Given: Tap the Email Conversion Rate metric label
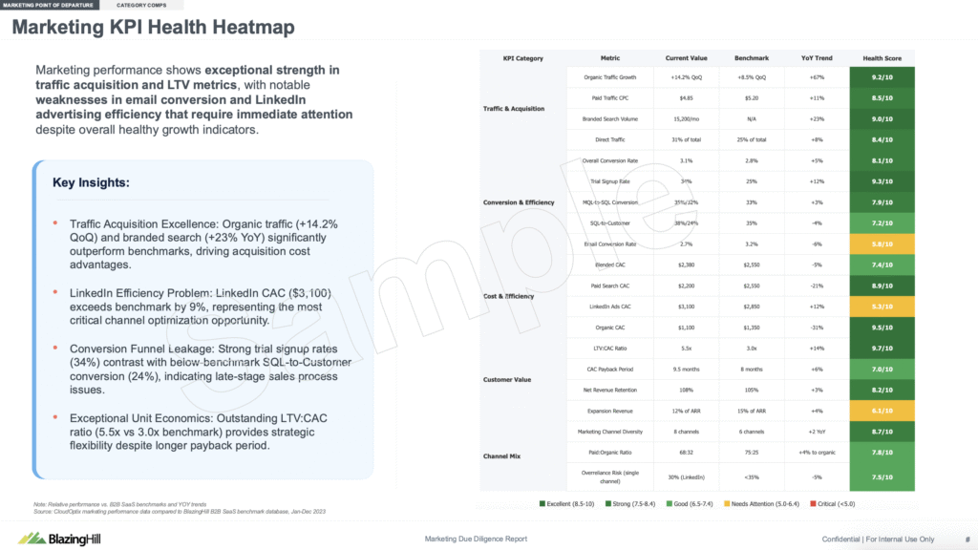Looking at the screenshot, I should coord(610,243).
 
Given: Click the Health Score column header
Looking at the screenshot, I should coord(883,58).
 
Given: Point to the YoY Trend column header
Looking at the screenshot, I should coord(817,58).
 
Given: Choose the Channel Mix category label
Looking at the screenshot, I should coord(501,456).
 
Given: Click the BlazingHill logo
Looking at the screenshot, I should coord(60,539).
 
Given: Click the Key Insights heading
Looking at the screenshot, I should coord(91,182).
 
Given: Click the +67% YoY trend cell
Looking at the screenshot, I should coord(817,77).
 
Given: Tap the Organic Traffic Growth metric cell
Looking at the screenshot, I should coord(610,77).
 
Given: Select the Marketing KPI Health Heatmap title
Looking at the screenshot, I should coord(153,27).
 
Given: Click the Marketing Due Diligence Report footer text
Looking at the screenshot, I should coord(475,539).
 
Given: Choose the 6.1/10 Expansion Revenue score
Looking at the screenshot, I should coord(883,411).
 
